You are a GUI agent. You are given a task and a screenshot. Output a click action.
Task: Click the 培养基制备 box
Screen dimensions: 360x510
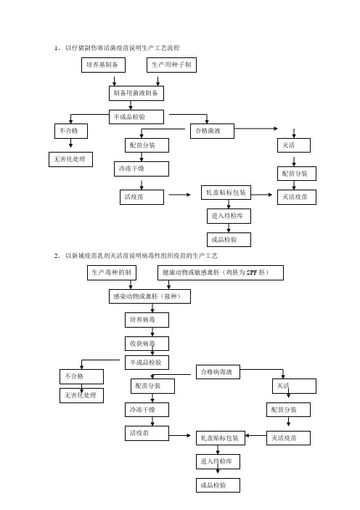pos(103,65)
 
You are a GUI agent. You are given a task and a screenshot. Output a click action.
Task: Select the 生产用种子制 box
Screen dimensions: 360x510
pos(171,65)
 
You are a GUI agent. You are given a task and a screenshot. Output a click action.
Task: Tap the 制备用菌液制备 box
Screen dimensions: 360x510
pos(136,93)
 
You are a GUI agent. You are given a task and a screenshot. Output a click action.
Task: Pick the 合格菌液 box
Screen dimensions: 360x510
pos(212,131)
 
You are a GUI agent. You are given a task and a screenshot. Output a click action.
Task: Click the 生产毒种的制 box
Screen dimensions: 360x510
pos(112,272)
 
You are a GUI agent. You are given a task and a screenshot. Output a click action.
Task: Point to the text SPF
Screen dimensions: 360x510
pos(252,272)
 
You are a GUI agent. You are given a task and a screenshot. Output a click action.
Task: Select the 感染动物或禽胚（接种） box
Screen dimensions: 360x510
pos(150,296)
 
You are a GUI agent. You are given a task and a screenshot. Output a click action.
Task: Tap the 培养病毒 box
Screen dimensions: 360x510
pos(147,320)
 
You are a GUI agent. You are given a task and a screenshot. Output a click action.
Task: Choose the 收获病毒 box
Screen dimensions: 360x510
pos(147,344)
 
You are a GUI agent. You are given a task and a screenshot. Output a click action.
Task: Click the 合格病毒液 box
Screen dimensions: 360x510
pos(218,372)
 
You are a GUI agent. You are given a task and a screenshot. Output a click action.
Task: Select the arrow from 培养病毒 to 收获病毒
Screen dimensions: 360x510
pos(152,332)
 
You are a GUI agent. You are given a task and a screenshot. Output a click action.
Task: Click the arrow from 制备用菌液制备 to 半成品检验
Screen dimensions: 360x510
pos(131,105)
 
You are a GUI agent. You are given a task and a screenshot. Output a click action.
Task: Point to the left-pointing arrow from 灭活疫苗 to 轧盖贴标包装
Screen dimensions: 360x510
pos(255,435)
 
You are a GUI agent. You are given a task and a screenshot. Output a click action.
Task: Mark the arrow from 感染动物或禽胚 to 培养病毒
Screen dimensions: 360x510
pos(152,308)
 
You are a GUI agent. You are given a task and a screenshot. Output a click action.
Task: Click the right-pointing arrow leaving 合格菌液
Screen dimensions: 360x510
pos(256,129)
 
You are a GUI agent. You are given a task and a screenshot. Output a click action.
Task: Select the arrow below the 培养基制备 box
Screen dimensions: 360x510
pos(115,81)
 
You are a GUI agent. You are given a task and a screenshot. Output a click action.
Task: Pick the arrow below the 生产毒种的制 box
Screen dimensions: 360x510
pos(131,285)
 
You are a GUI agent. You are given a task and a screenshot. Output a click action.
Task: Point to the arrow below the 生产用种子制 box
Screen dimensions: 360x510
pos(158,81)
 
